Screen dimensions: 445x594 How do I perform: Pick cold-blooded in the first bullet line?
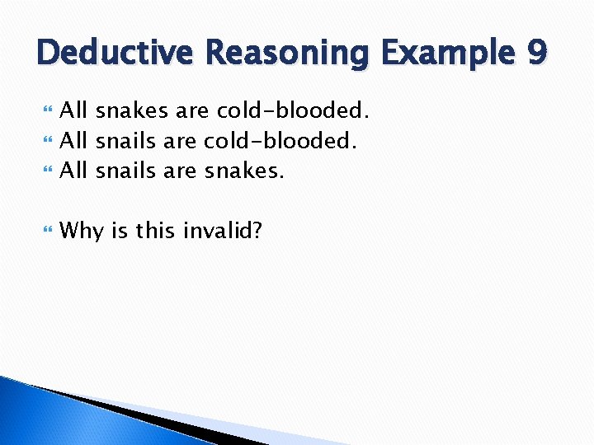[x=293, y=110]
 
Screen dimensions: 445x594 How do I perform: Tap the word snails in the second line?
[x=126, y=141]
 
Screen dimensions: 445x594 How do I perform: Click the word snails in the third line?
[x=126, y=171]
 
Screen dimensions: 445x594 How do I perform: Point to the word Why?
[x=82, y=232]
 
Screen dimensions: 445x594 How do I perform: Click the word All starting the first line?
[x=75, y=110]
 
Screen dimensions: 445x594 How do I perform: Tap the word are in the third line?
[x=180, y=171]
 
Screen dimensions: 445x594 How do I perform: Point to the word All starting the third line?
[x=75, y=171]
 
